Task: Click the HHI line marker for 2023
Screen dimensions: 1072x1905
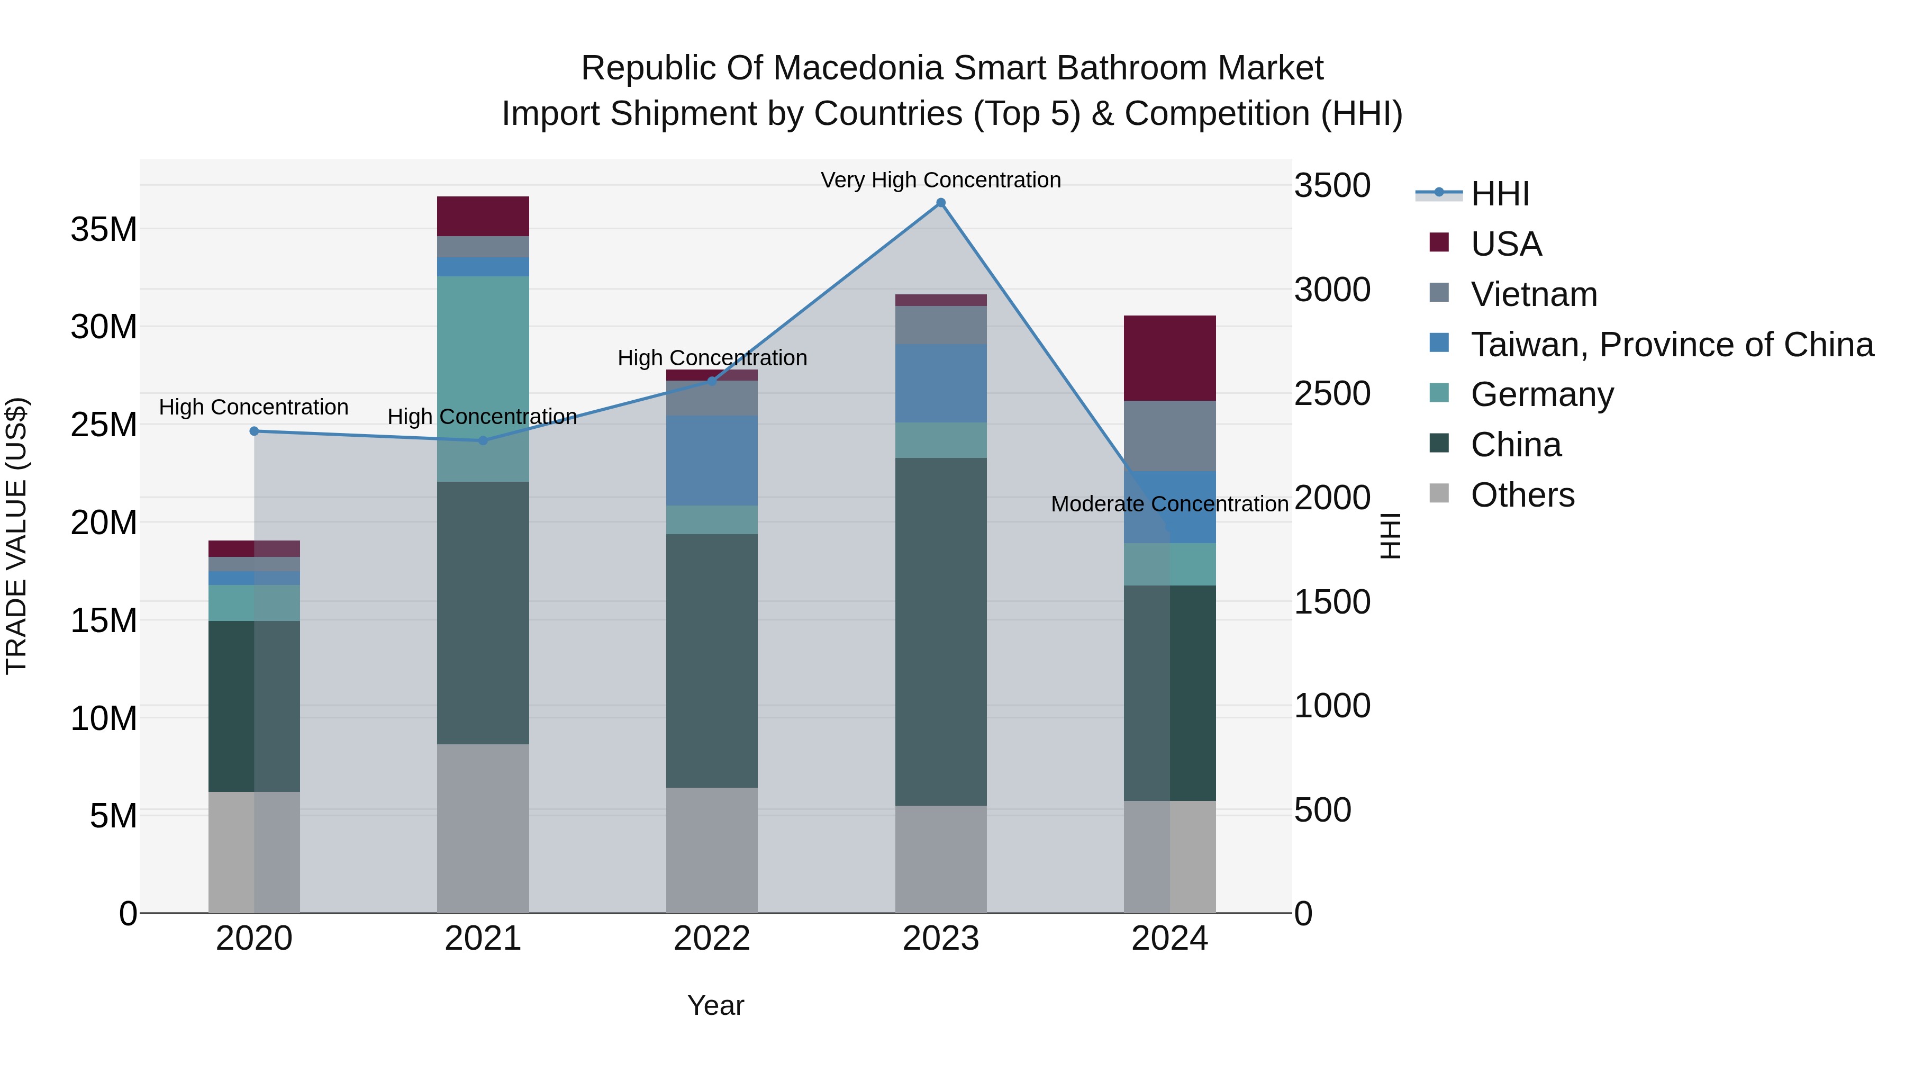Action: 941,203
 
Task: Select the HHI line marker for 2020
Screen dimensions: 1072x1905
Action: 255,431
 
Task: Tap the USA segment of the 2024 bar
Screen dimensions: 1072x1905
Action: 1170,358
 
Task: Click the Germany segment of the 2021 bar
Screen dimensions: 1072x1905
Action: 483,379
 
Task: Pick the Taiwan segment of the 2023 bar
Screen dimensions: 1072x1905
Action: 941,383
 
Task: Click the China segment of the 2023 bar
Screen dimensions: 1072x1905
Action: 941,631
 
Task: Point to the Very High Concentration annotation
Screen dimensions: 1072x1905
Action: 941,181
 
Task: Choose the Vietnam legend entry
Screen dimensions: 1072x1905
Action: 1534,294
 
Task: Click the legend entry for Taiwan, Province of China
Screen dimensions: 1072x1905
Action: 1671,345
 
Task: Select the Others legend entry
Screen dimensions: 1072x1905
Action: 1522,495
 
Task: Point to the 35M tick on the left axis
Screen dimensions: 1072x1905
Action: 104,229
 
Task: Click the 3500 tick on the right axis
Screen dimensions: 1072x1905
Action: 1332,186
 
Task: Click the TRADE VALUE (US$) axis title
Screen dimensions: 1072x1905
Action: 16,536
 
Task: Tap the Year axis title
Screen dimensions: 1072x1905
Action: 715,1005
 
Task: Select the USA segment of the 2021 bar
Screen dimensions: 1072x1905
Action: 483,216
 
